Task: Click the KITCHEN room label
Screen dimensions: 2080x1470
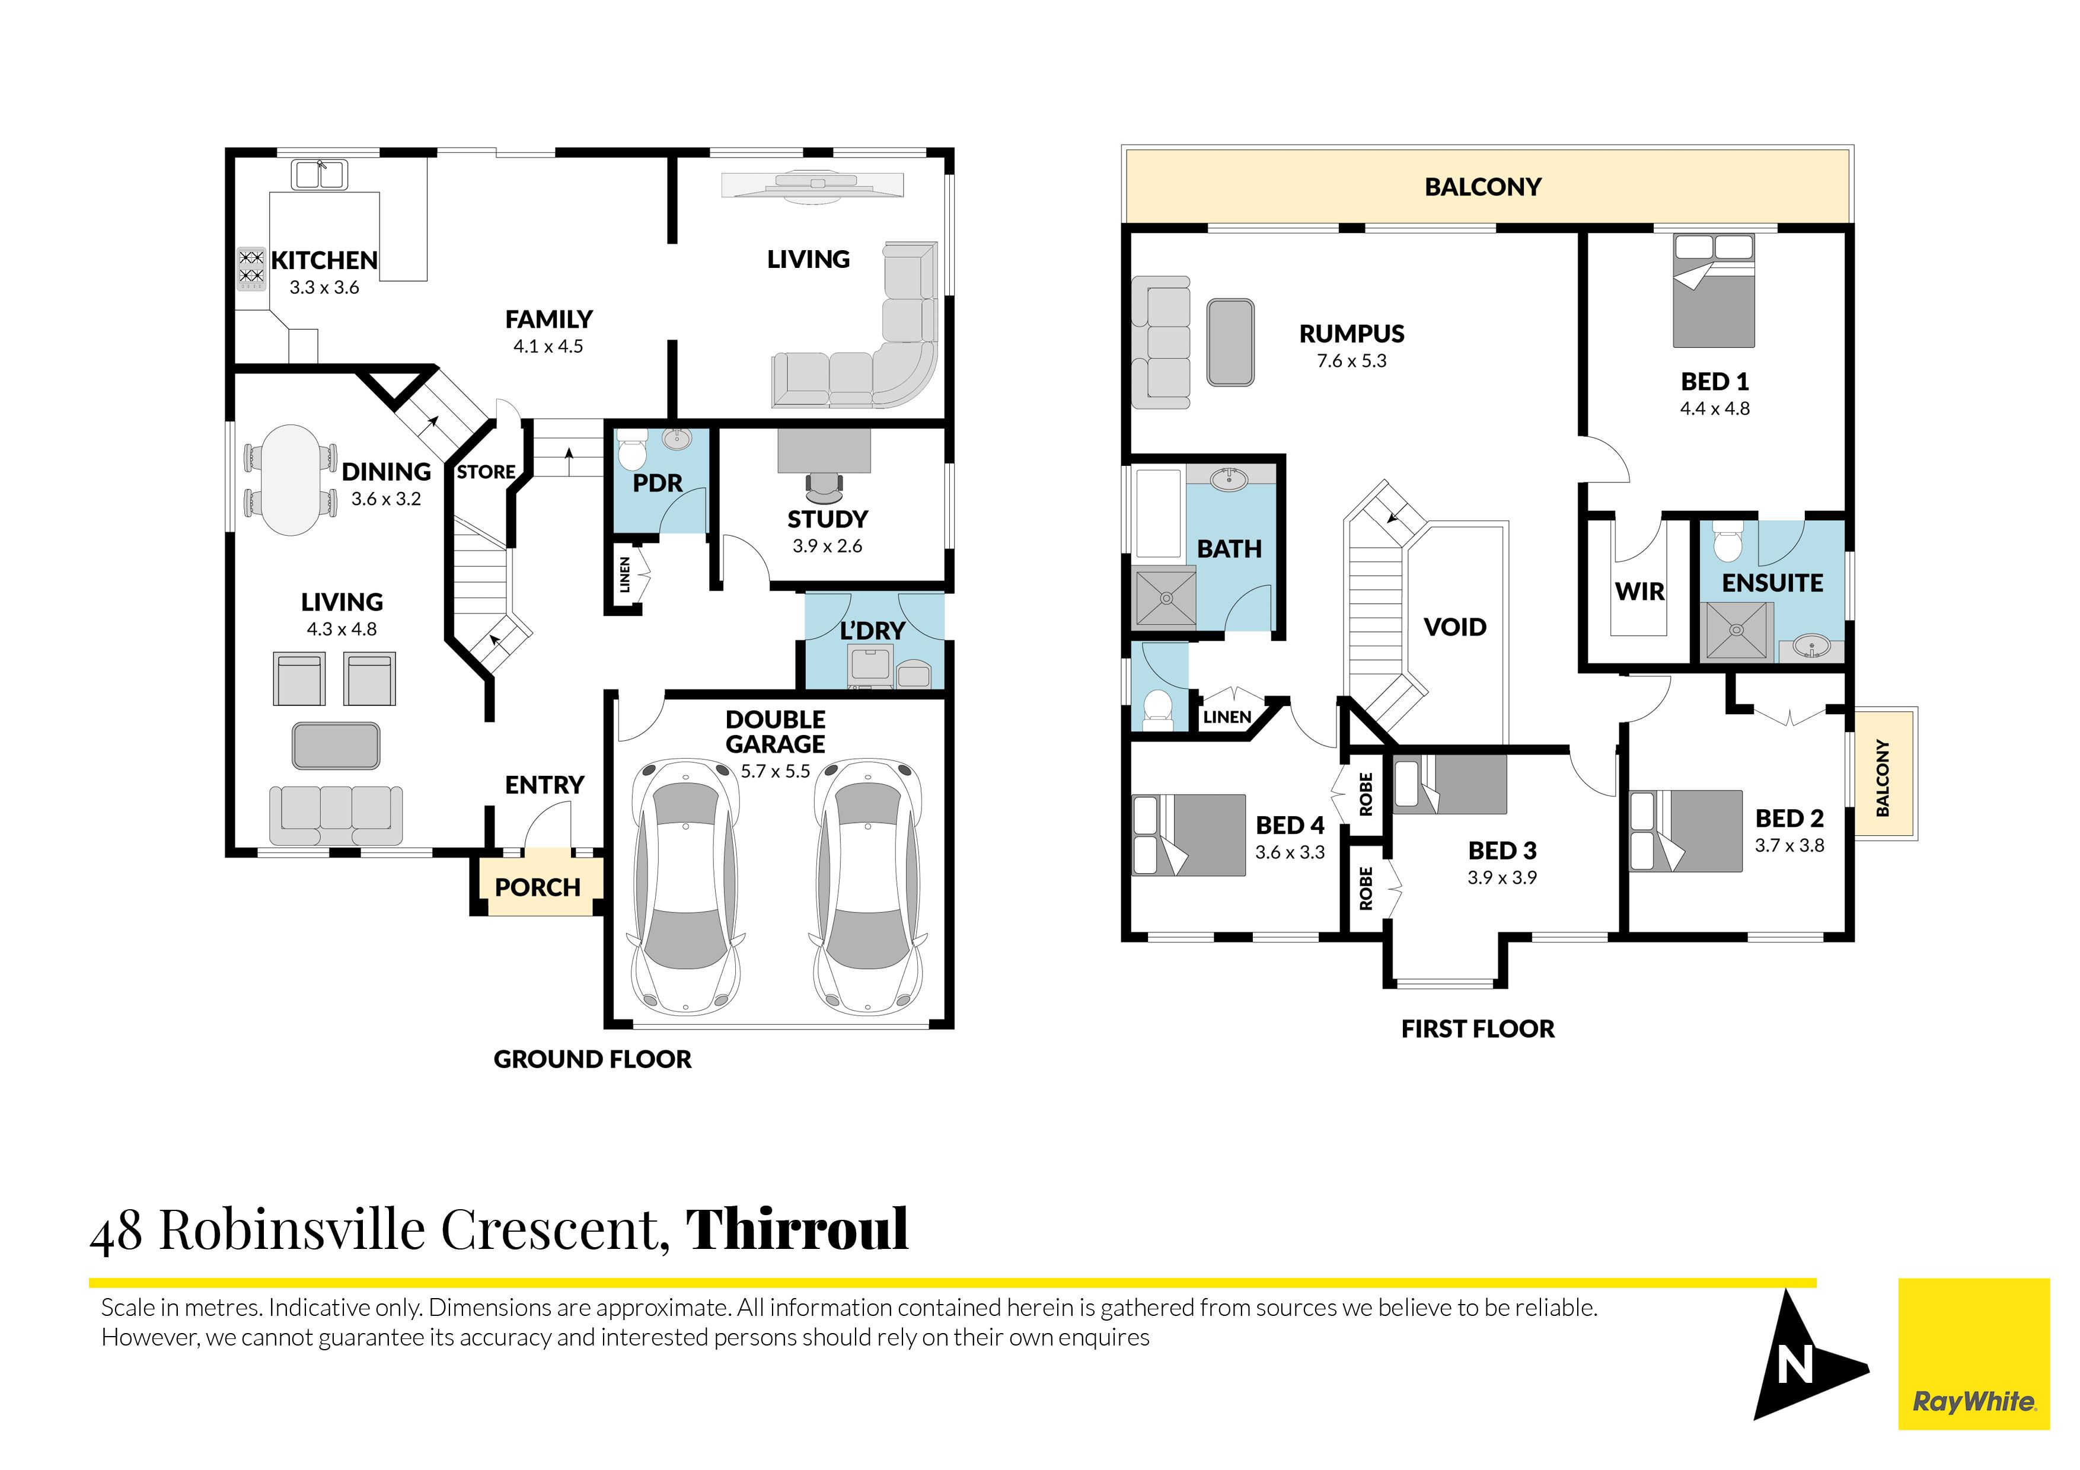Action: (324, 260)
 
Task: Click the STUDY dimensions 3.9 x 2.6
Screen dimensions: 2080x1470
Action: (827, 546)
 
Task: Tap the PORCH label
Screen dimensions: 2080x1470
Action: (537, 887)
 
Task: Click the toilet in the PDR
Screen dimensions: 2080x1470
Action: (631, 450)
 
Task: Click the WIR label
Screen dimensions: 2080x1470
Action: (1639, 592)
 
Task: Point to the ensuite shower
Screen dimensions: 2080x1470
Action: (1737, 631)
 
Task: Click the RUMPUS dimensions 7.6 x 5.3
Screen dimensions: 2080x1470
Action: (1352, 360)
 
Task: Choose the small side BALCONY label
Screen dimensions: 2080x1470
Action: (1883, 777)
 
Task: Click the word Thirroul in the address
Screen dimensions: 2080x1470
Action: (796, 1229)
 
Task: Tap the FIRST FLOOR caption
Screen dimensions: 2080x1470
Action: (1478, 1029)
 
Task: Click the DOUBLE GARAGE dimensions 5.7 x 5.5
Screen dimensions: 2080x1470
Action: (776, 772)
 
